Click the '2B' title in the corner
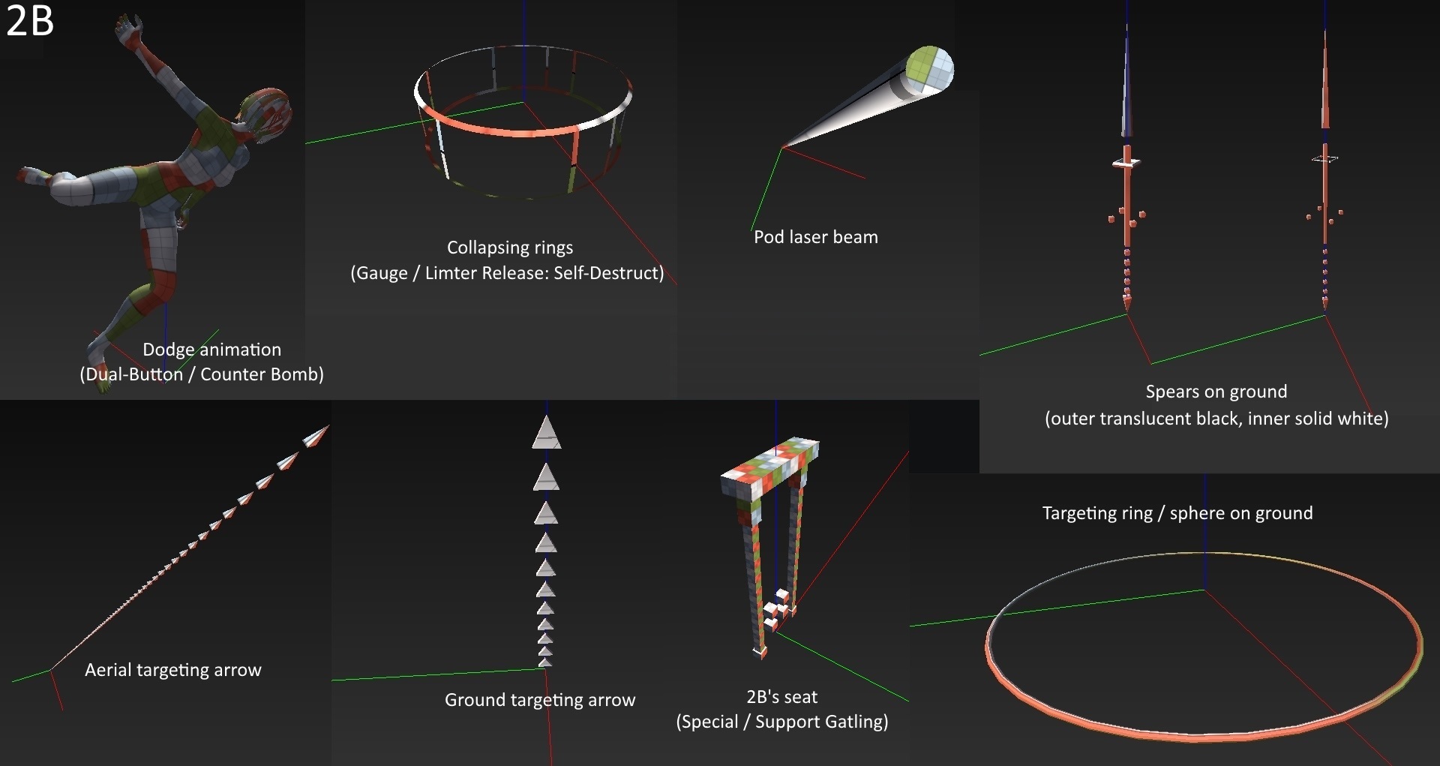[x=30, y=21]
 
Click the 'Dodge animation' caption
[x=211, y=350]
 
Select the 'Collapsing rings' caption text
[x=510, y=248]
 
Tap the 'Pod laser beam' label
[x=815, y=237]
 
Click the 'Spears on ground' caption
[x=1216, y=392]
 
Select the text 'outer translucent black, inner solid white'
[x=1216, y=419]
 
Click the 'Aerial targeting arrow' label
[x=173, y=670]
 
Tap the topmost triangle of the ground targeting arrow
[x=547, y=434]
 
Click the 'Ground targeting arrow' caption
[x=539, y=700]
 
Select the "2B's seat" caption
[x=781, y=697]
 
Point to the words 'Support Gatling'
[x=820, y=722]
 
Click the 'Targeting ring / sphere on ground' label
[x=1177, y=513]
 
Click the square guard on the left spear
[x=1126, y=162]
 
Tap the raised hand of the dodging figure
[x=129, y=27]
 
